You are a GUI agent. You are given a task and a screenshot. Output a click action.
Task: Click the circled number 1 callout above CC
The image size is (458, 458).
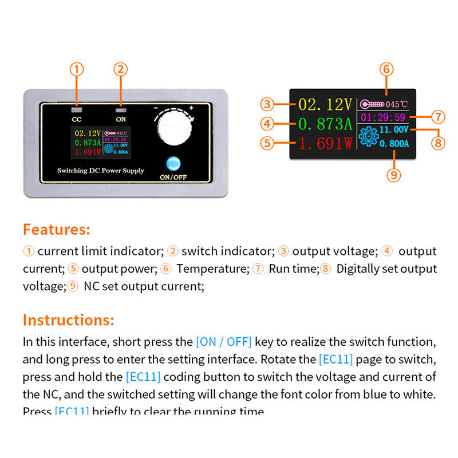77,69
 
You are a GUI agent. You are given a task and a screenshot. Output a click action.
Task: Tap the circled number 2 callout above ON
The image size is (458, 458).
120,69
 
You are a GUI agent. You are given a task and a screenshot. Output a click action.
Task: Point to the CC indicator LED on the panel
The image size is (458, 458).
77,108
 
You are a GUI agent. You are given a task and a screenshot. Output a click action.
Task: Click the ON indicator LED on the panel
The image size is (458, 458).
120,108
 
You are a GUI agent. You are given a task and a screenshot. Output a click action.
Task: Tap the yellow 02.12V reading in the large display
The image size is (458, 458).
325,104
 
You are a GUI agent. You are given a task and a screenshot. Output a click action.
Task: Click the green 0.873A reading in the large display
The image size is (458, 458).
324,123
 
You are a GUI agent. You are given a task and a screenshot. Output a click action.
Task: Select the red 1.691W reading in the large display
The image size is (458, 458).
325,144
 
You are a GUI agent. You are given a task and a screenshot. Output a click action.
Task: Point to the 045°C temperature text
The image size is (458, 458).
396,104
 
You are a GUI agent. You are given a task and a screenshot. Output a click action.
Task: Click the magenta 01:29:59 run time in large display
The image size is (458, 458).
384,117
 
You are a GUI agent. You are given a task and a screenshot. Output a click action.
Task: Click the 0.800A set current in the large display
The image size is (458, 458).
395,144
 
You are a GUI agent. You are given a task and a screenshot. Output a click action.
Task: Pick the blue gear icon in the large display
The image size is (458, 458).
368,137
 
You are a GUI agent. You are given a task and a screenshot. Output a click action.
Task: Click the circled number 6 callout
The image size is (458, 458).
386,69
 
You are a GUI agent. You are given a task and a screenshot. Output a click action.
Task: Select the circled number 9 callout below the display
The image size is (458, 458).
393,175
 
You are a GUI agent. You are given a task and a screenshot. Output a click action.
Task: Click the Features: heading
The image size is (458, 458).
56,230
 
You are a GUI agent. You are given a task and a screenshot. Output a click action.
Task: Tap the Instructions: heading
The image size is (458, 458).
68,319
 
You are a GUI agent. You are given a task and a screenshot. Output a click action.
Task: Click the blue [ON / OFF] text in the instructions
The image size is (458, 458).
223,342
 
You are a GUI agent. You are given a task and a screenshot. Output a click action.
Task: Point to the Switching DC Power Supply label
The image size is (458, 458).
100,171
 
